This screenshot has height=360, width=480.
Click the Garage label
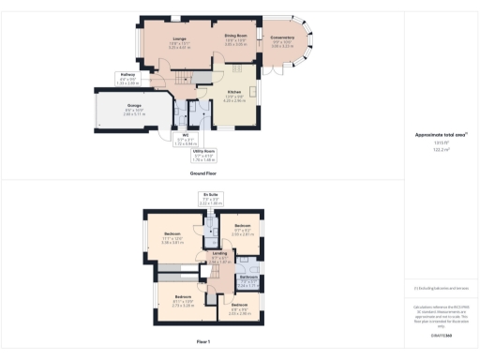pos(134,109)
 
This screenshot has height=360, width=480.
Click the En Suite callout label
pos(211,199)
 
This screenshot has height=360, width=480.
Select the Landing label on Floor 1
pos(218,257)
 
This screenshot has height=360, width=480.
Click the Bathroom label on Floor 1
pos(248,279)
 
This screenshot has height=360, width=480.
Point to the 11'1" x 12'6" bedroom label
pos(173,237)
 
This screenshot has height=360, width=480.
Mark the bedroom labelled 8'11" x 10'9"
pos(182,302)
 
